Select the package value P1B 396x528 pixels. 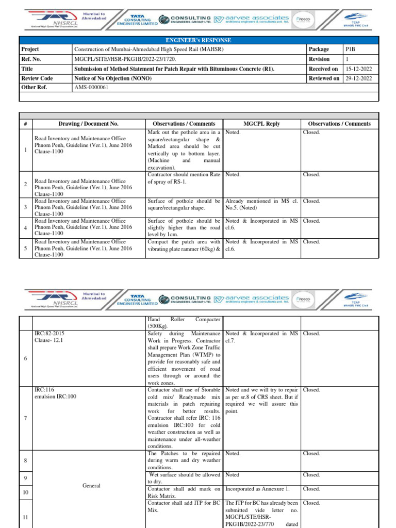coord(350,49)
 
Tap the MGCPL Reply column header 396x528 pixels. coord(261,124)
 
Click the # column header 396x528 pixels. coord(25,124)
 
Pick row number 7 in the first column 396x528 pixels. coord(25,418)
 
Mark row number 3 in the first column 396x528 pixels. coord(25,207)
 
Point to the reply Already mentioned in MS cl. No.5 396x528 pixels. coord(261,205)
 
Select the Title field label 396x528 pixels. coord(27,69)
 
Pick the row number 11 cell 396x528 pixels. coord(25,517)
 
